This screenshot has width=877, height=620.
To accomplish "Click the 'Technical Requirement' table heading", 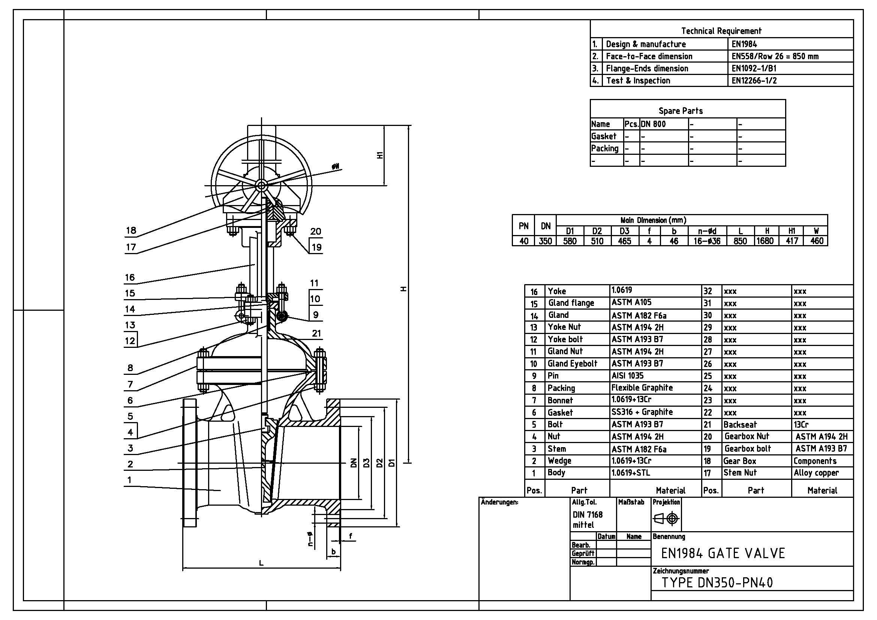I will coord(721,31).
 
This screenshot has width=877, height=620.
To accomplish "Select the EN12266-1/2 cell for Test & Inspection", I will coord(754,81).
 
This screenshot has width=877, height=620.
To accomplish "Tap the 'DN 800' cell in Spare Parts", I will coord(654,124).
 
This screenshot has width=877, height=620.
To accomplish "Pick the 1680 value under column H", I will coord(765,241).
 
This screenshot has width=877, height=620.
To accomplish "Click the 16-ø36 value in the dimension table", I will coord(707,241).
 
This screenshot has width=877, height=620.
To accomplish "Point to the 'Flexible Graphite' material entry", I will coord(642,388).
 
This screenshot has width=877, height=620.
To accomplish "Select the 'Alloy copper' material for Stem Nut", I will coord(816,473).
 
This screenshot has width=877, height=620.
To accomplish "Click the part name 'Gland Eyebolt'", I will coord(572,364).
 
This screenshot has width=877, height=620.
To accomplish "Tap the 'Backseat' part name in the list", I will coord(740,425).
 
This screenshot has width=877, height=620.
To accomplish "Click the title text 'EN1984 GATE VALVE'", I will coord(723,553).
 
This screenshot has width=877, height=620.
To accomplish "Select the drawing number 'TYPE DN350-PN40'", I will coord(717,583).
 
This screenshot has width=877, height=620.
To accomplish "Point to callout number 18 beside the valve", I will coord(131,230).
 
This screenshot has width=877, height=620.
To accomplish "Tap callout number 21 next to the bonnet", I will coord(316,333).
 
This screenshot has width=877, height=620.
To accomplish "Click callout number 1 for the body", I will coord(129,480).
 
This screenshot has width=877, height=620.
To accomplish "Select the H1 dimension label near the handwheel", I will coord(380,155).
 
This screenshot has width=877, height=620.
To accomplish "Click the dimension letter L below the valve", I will coord(261,563).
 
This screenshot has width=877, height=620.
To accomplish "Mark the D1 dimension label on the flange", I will coord(391,463).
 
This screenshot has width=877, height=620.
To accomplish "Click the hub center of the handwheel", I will coord(261,186).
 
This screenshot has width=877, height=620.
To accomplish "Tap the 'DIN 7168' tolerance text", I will coord(588,515).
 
